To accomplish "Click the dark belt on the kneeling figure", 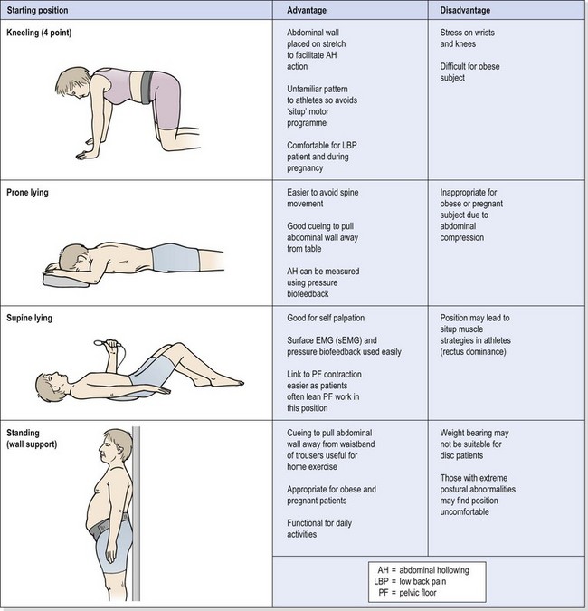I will coord(147,87).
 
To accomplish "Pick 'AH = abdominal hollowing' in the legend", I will coord(428,570).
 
